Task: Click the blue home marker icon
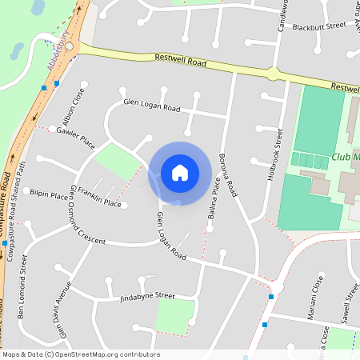coord(180,172)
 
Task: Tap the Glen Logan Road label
coord(171,237)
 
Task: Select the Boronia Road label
coord(229,175)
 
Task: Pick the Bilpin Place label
coord(49,194)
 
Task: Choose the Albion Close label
coord(78,103)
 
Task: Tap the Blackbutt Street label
coord(318,26)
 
